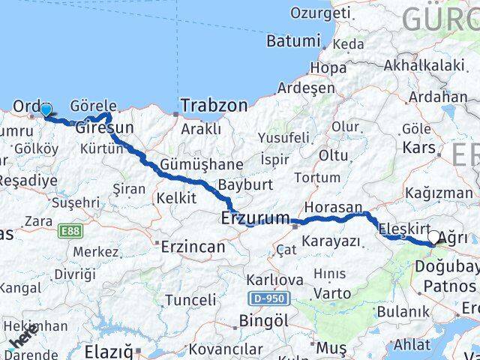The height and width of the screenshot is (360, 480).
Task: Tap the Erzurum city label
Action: point(255,218)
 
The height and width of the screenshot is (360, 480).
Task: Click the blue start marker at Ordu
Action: point(46,110)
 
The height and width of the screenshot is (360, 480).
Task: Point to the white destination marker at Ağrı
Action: point(433,238)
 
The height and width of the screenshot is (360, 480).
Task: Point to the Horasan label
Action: point(333,207)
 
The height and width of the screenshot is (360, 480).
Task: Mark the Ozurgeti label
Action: point(320,13)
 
